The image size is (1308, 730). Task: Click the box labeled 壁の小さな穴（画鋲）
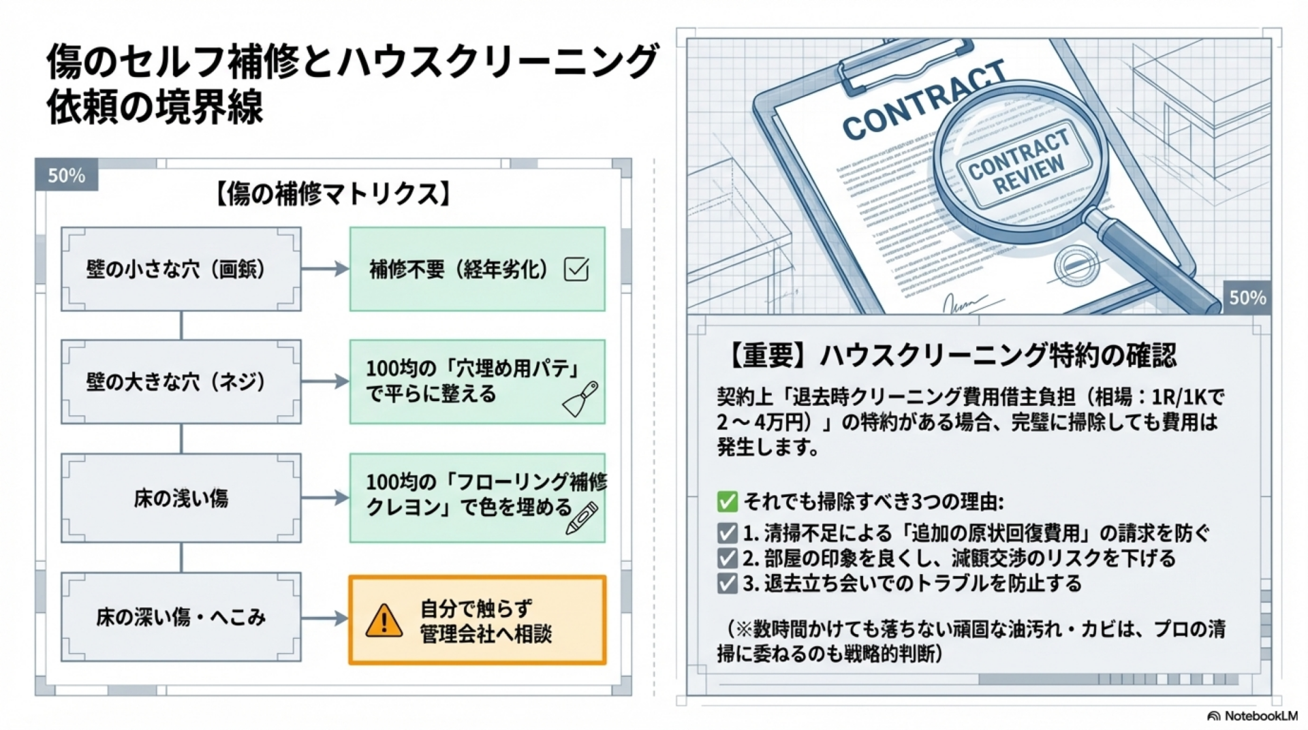181,269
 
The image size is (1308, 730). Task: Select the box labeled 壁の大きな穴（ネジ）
181,381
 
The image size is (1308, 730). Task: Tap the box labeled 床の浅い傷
181,498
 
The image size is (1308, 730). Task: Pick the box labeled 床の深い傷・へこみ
181,617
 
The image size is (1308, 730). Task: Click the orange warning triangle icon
384,620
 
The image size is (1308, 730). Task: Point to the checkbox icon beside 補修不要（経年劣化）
576,269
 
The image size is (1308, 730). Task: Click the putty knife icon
580,399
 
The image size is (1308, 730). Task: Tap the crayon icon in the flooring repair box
582,518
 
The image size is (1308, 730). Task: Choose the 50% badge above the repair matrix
67,175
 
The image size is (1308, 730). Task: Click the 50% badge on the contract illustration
1247,298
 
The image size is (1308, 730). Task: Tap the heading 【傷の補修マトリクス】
333,194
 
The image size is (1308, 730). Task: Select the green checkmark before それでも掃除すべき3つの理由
727,502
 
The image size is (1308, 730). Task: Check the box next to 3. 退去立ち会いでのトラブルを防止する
727,584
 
